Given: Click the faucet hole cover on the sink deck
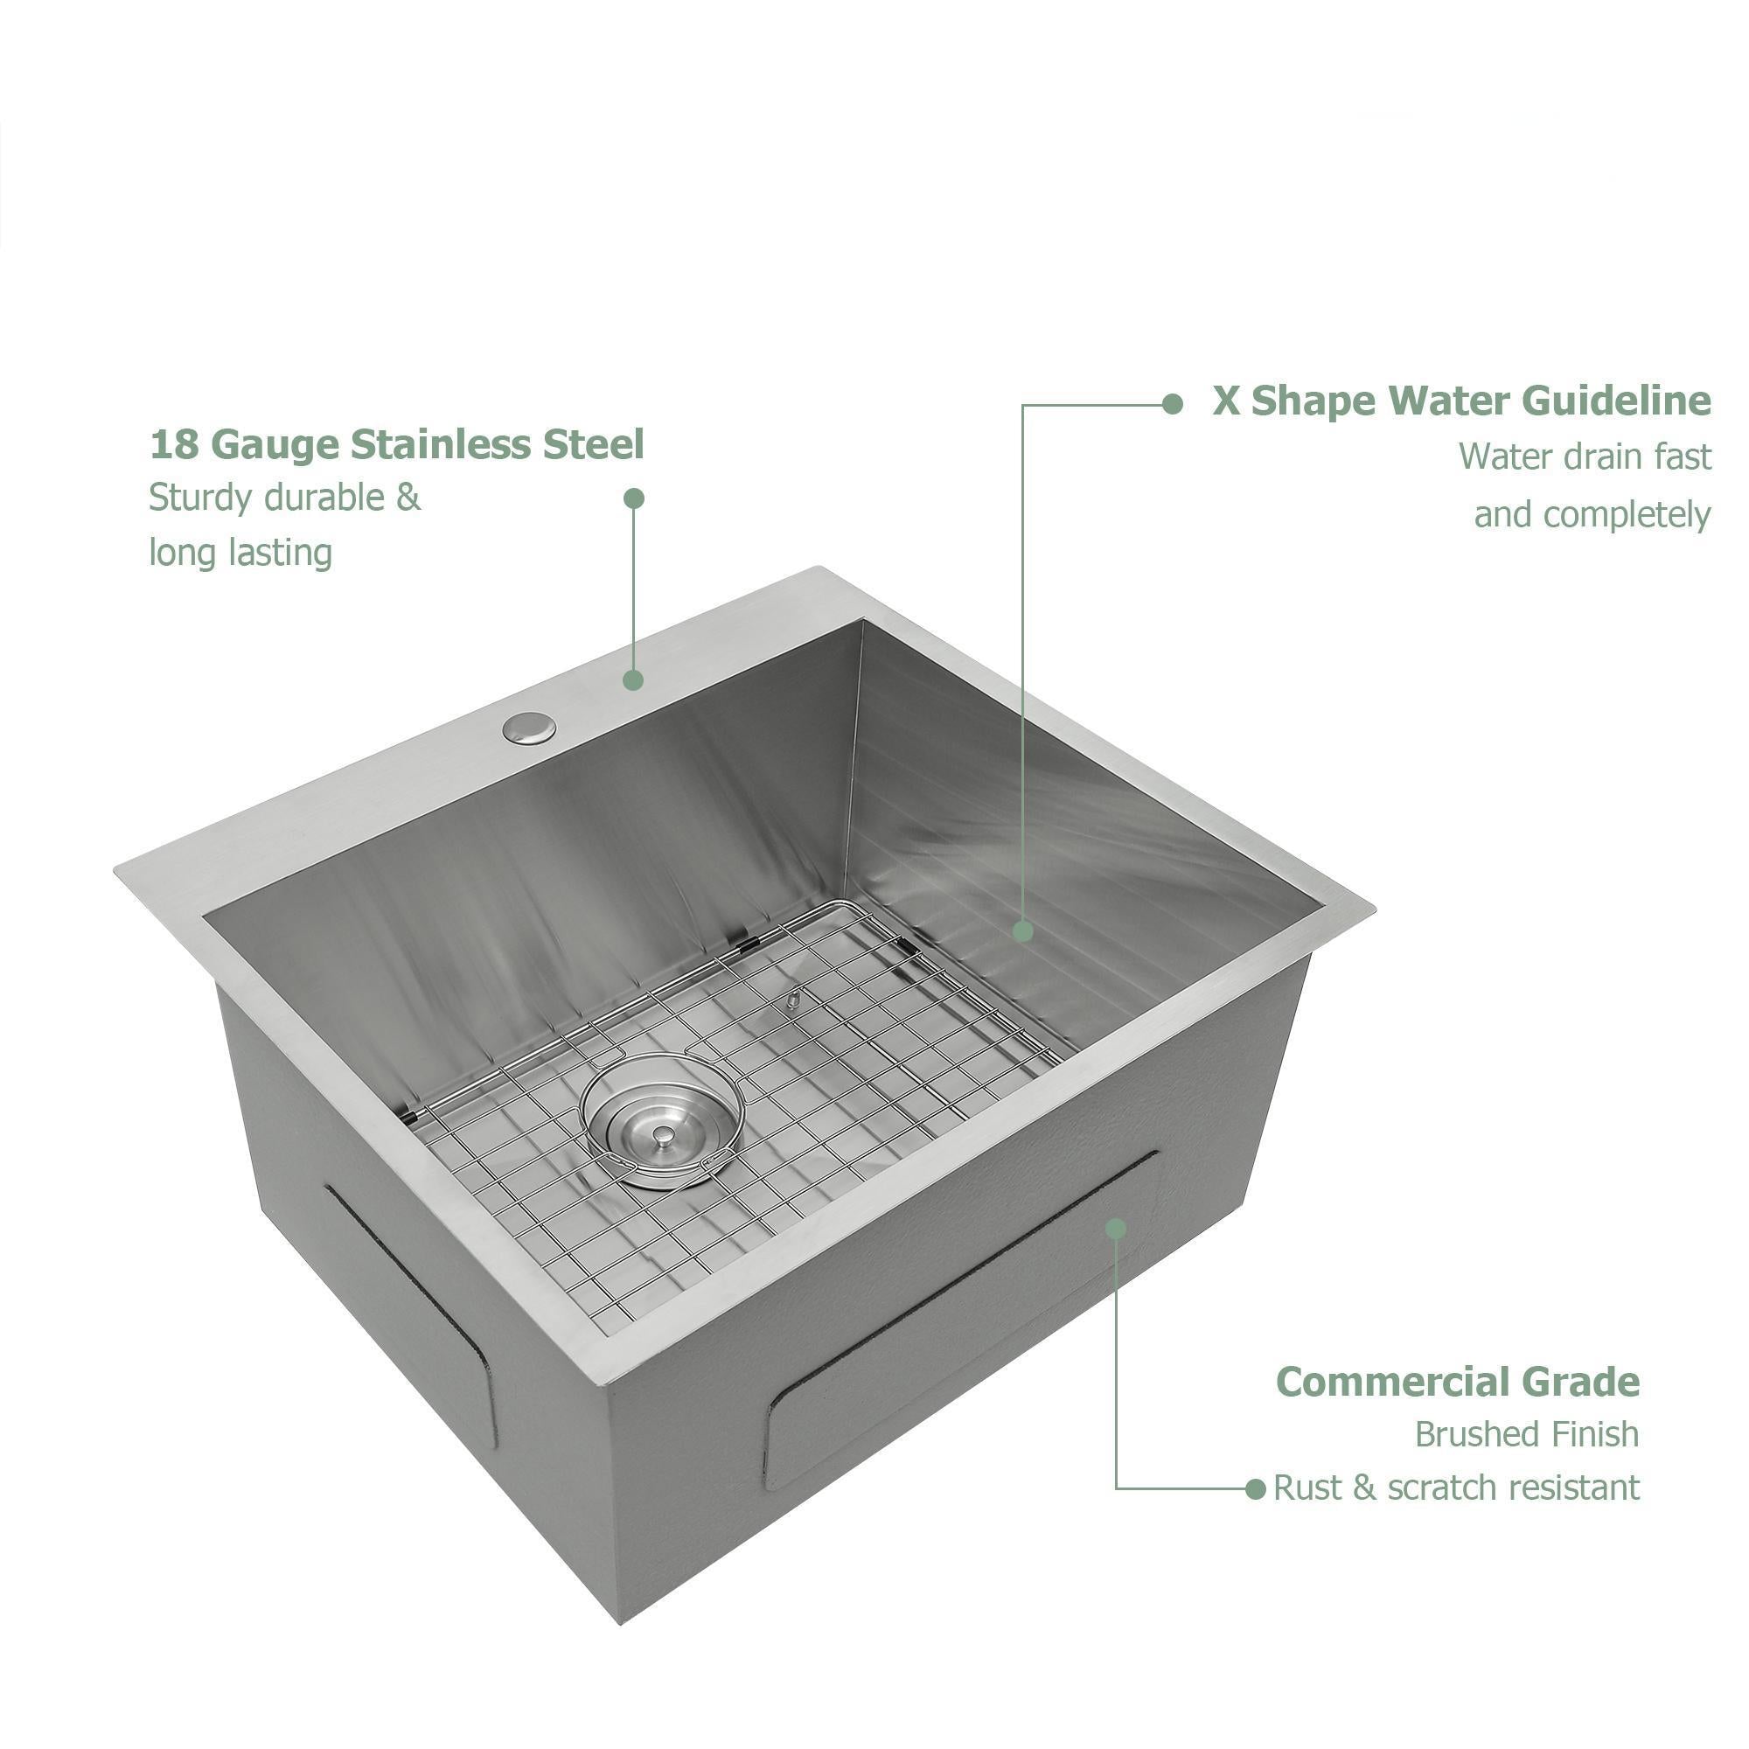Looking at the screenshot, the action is [x=530, y=728].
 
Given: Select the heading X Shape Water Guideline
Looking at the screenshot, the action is [x=1462, y=401].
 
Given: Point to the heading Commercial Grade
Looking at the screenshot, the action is [x=1458, y=1383].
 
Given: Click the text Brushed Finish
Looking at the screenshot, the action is [x=1527, y=1434].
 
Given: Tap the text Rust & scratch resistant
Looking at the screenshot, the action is [x=1457, y=1488].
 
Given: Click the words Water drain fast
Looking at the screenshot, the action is [x=1585, y=457].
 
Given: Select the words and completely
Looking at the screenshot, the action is [x=1592, y=515].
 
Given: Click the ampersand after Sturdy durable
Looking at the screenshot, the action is [x=408, y=498].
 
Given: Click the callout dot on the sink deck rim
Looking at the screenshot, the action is [x=634, y=679].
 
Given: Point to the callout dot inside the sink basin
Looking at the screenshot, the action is [x=1023, y=930].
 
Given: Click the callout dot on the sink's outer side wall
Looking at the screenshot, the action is [x=1116, y=1229].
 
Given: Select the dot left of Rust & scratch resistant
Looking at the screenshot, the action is [x=1255, y=1489].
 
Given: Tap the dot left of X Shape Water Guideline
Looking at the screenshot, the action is [x=1173, y=404].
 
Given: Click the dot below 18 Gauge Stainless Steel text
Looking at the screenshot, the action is [x=634, y=498].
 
